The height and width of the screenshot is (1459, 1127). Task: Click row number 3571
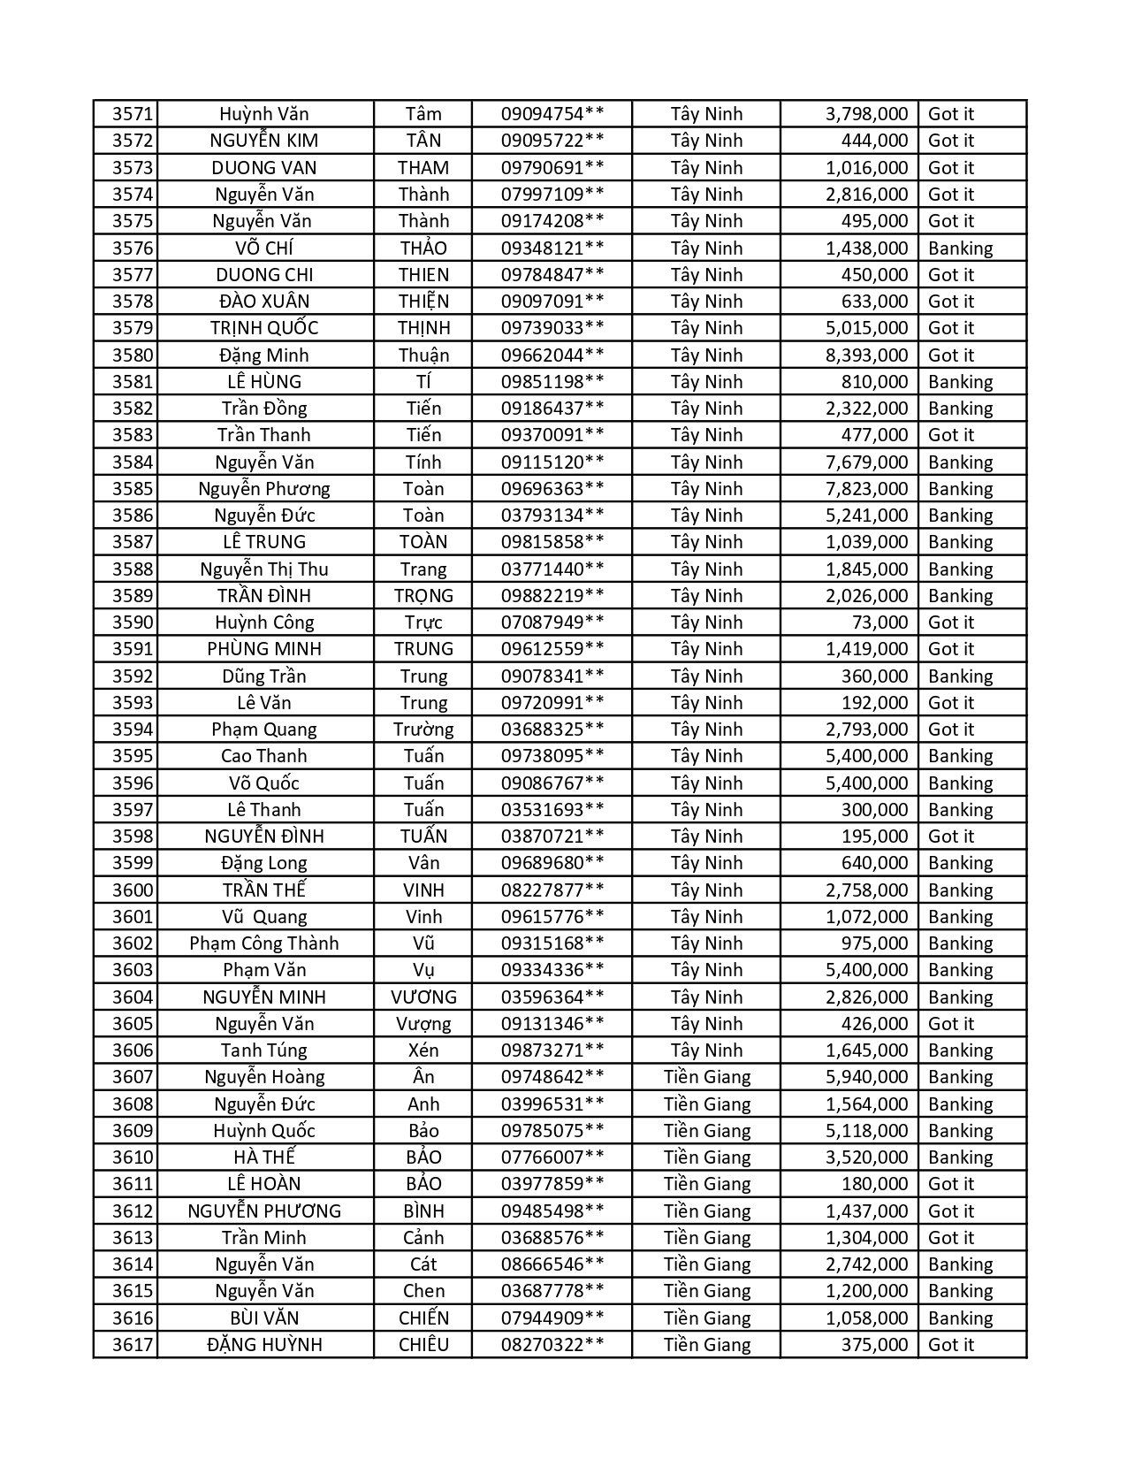(x=133, y=114)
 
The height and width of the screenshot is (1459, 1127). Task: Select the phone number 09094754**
(x=552, y=114)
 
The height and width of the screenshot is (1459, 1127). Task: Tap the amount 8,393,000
(x=866, y=355)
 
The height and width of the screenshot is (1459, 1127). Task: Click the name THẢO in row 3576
(x=423, y=248)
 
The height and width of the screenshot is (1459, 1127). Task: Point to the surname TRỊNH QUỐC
(x=264, y=328)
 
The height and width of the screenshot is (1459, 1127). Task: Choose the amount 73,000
(x=880, y=623)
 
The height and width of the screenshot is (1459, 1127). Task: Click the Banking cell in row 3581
(x=960, y=382)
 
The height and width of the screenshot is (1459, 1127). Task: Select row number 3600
(x=133, y=890)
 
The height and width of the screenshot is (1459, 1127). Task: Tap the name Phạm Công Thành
(x=264, y=943)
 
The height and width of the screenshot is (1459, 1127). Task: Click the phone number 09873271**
(x=552, y=1050)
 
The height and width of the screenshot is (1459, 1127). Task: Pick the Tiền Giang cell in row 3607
(x=706, y=1077)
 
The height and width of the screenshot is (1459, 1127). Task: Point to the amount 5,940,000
(x=866, y=1077)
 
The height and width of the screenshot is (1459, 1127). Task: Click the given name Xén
(x=423, y=1050)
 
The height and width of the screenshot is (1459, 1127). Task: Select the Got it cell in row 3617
(x=951, y=1345)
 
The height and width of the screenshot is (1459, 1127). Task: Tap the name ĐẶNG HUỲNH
(x=264, y=1345)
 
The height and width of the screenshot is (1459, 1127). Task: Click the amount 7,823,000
(x=866, y=489)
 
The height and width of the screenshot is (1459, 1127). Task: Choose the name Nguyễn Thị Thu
(x=264, y=569)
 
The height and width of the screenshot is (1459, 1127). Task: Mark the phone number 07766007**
(x=552, y=1157)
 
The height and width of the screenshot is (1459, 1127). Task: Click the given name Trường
(x=423, y=729)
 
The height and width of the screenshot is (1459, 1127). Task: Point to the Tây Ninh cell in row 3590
(x=706, y=623)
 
